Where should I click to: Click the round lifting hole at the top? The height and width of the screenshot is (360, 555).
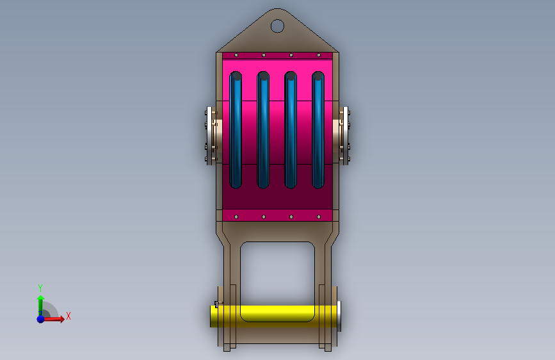coord(277,26)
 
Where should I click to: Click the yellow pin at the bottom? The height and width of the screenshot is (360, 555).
coord(275,316)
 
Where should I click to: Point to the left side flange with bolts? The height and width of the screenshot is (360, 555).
coord(211,136)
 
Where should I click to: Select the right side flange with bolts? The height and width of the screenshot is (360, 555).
coord(342,136)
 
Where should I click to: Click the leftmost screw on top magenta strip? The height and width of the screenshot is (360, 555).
coord(236,55)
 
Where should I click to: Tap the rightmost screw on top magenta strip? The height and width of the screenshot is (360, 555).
coord(319,55)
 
